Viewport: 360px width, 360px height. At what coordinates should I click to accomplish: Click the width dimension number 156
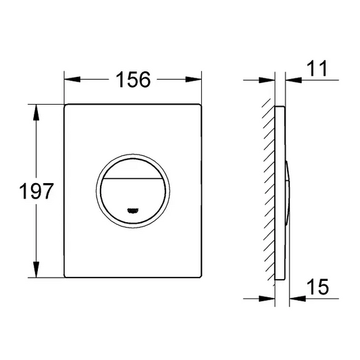coord(133,79)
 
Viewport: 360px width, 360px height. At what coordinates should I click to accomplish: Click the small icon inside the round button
coord(133,209)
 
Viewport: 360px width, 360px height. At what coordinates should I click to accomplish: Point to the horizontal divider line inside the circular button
coord(133,178)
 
